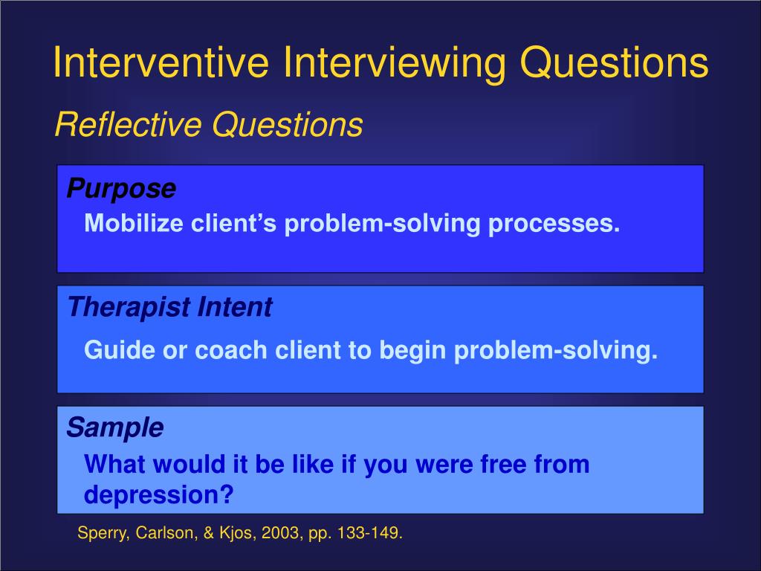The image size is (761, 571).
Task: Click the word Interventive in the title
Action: pyautogui.click(x=161, y=62)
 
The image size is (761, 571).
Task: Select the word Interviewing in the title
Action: pyautogui.click(x=395, y=62)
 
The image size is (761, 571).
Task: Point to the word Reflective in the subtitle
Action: pyautogui.click(x=128, y=124)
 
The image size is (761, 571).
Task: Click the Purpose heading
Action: pyautogui.click(x=121, y=189)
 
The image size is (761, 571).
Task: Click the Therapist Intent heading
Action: pyautogui.click(x=169, y=307)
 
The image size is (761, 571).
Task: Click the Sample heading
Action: pyautogui.click(x=115, y=428)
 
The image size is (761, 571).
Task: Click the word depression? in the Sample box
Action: pyautogui.click(x=159, y=494)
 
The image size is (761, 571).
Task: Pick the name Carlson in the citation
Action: pyautogui.click(x=163, y=534)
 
